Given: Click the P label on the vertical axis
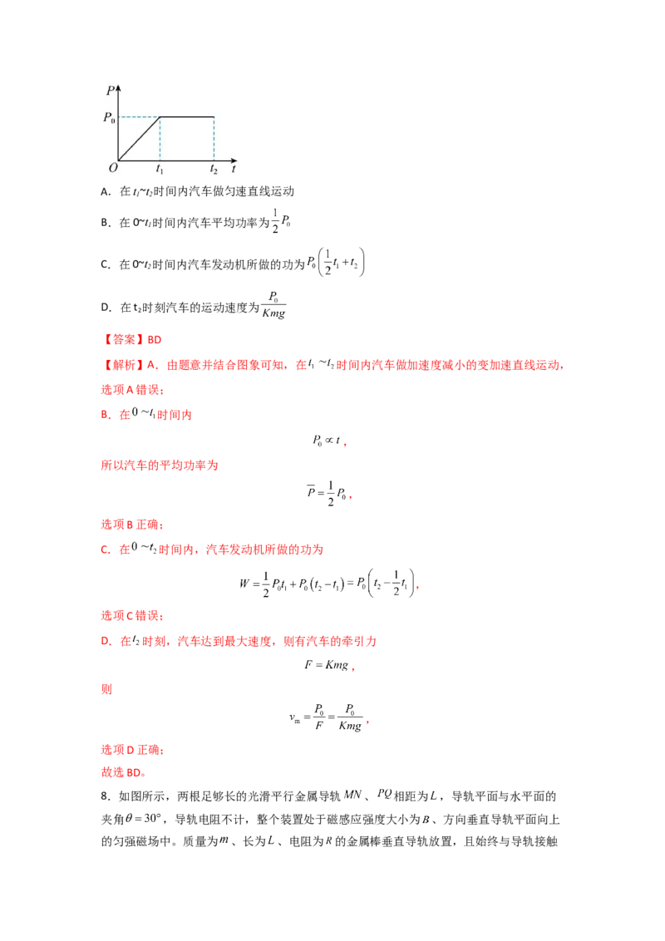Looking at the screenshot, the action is pos(110,90).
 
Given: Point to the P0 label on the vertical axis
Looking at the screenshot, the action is pos(108,117).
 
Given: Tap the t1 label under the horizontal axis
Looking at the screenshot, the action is pos(160,170).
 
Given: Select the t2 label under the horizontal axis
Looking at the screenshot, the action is pos(214,170).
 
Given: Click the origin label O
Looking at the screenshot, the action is pos(112,168).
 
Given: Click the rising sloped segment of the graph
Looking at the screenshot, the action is pos(139,138).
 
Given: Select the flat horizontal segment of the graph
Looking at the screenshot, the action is pos(187,116).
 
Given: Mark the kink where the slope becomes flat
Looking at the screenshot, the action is pos(160,116).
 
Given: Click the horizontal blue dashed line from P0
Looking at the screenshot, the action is pos(139,116).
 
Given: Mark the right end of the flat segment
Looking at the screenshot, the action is pos(214,116).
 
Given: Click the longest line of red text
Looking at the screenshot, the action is pos(332,364).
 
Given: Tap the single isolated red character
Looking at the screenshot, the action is pos(103,691).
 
